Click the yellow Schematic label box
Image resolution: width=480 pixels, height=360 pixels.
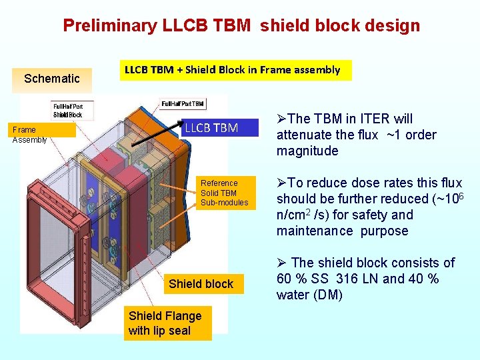pos(51,79)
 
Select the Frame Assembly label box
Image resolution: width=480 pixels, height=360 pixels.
pos(30,135)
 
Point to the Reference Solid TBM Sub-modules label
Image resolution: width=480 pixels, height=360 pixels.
pos(224,193)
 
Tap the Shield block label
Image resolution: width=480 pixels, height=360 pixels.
pos(201,284)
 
